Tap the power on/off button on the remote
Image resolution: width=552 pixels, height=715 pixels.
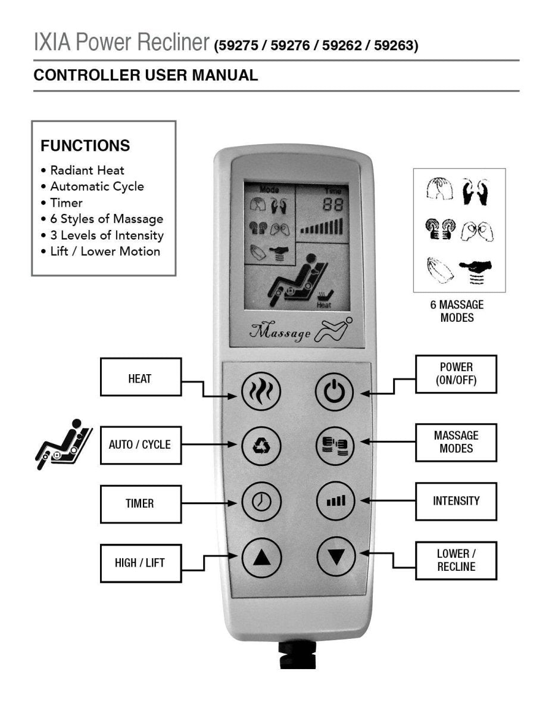point(335,392)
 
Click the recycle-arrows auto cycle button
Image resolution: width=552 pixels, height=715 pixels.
point(261,445)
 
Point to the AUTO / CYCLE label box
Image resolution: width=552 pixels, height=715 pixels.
point(140,444)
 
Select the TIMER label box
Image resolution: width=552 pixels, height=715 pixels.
point(140,503)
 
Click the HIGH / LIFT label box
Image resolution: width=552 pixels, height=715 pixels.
point(140,562)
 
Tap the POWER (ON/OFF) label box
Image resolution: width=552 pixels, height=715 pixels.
point(456,374)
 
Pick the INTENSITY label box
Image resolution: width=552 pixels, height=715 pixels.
point(456,501)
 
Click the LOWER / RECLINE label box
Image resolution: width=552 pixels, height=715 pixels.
point(456,560)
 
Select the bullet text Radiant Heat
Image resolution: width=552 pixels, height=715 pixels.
point(87,170)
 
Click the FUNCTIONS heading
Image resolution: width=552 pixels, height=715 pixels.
point(85,145)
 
